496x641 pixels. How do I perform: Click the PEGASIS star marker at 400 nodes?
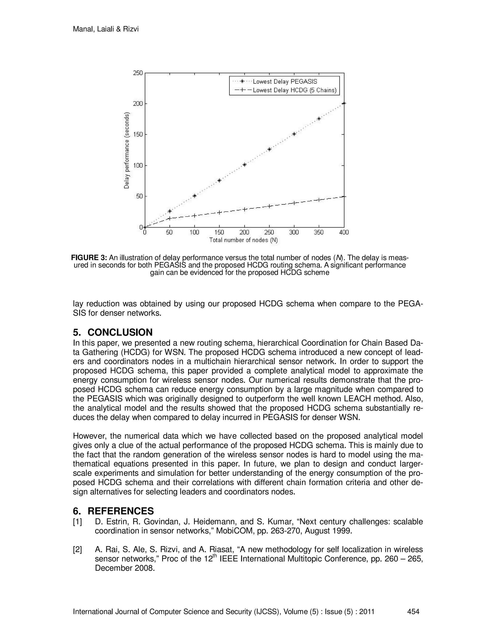[x=344, y=103]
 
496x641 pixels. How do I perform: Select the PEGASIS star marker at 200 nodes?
[x=244, y=165]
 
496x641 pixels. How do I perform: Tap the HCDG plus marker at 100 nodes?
[x=194, y=216]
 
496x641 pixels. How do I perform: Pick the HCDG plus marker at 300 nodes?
[x=294, y=203]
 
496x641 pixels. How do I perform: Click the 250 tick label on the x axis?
[x=269, y=232]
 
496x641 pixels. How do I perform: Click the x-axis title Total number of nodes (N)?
[x=244, y=240]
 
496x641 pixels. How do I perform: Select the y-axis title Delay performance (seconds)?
[x=127, y=150]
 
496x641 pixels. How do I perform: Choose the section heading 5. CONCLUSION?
[x=113, y=332]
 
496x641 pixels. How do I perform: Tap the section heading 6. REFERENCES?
[x=113, y=511]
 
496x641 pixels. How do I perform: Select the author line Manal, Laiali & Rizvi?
[x=106, y=29]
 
